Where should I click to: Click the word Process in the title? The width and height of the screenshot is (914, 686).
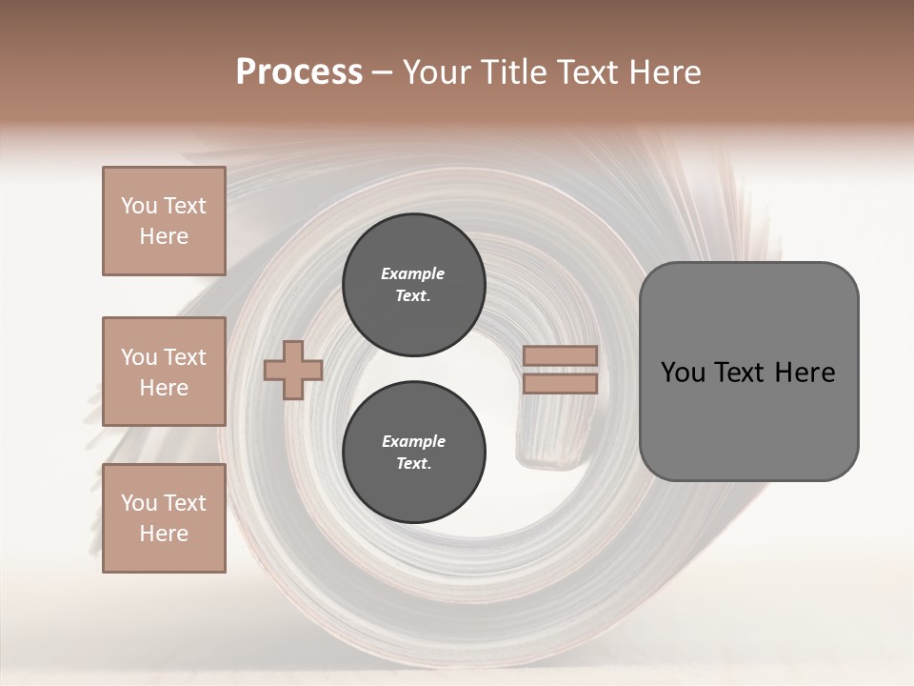[299, 72]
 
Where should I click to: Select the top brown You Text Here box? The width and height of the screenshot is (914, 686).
[164, 221]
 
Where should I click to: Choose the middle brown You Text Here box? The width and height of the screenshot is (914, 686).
[164, 372]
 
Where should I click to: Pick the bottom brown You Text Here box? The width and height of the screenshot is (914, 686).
[164, 518]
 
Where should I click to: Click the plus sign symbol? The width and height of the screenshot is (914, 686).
[293, 370]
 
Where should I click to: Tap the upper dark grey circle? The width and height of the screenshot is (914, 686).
[413, 285]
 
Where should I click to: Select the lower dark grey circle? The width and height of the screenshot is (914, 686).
[413, 453]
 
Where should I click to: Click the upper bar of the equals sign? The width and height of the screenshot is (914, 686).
[561, 356]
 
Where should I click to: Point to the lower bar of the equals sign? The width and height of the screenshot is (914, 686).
[561, 384]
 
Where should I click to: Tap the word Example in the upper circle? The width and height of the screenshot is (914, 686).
[413, 273]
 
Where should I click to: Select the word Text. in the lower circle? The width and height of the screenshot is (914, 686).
[413, 464]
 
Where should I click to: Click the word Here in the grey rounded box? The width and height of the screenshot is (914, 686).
[805, 373]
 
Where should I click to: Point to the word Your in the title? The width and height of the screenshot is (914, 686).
[434, 72]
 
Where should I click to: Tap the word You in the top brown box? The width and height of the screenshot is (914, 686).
[139, 206]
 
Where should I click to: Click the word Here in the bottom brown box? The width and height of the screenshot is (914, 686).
[164, 534]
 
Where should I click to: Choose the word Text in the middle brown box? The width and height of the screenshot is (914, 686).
[185, 357]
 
